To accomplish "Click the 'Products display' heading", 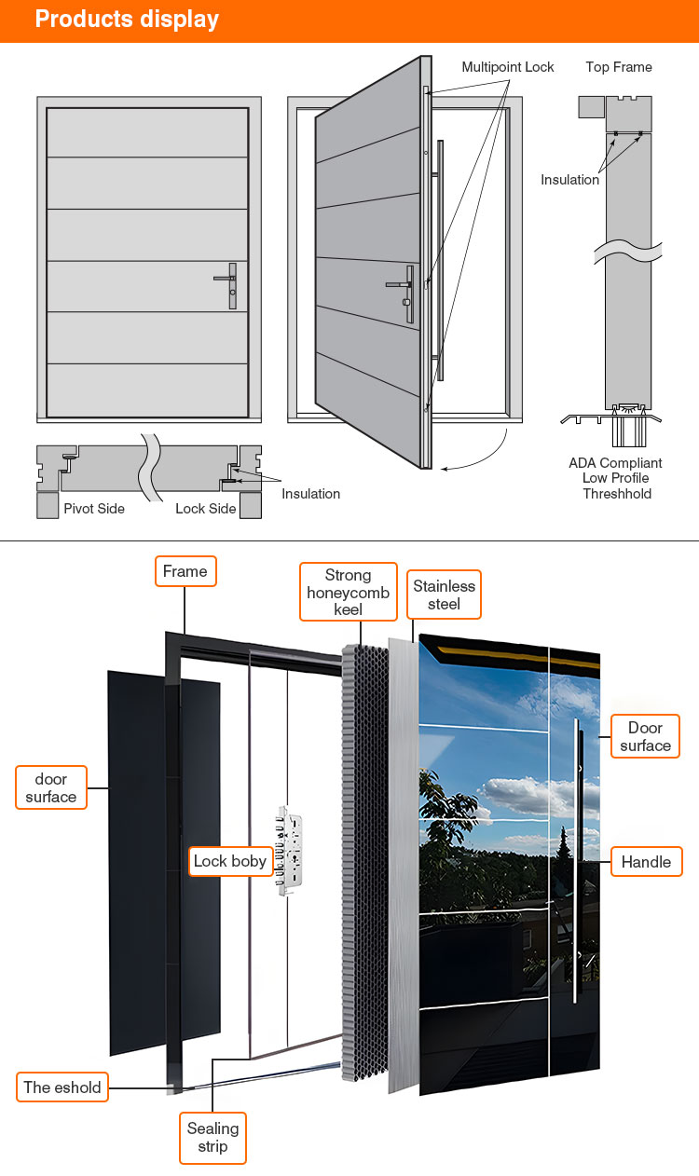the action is (127, 20).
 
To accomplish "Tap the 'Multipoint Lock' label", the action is (508, 67).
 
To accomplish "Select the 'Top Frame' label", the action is (619, 67).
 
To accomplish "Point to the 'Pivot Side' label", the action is (94, 508).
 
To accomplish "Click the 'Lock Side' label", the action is (205, 508).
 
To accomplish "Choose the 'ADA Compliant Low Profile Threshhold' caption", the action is (615, 478).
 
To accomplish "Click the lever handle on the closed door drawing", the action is (226, 285).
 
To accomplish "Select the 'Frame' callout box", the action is (185, 571).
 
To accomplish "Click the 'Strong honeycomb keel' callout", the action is (349, 592).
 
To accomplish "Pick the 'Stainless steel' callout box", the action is (444, 595).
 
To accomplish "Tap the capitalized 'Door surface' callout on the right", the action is (646, 736).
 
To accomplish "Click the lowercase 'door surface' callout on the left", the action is (51, 787).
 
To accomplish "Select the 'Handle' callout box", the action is (647, 862).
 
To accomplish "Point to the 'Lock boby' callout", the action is (230, 861).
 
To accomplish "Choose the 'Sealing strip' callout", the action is (212, 1138).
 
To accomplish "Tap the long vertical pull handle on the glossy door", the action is (577, 861).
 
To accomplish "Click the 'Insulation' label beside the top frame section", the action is (569, 180).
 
